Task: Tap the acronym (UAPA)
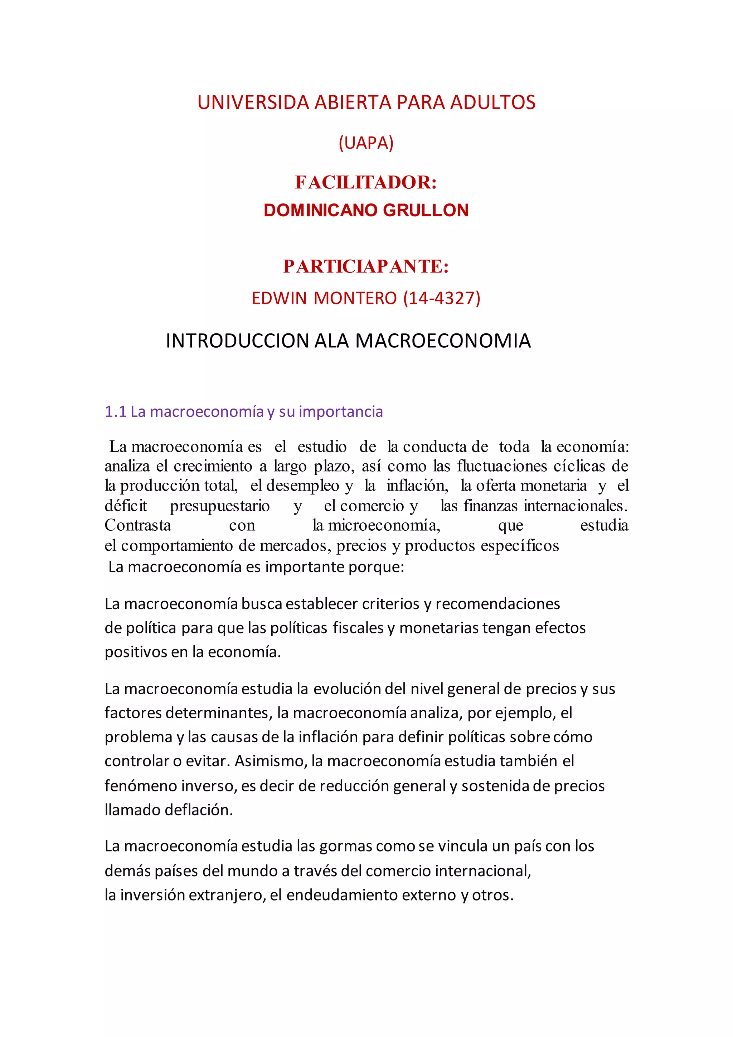(x=366, y=143)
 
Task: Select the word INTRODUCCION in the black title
(x=237, y=341)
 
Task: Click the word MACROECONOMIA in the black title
(x=443, y=341)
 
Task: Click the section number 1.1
(x=115, y=411)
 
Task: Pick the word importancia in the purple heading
(x=341, y=412)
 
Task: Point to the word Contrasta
(x=138, y=525)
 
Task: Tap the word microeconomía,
(x=384, y=525)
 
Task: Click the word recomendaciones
(x=497, y=604)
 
